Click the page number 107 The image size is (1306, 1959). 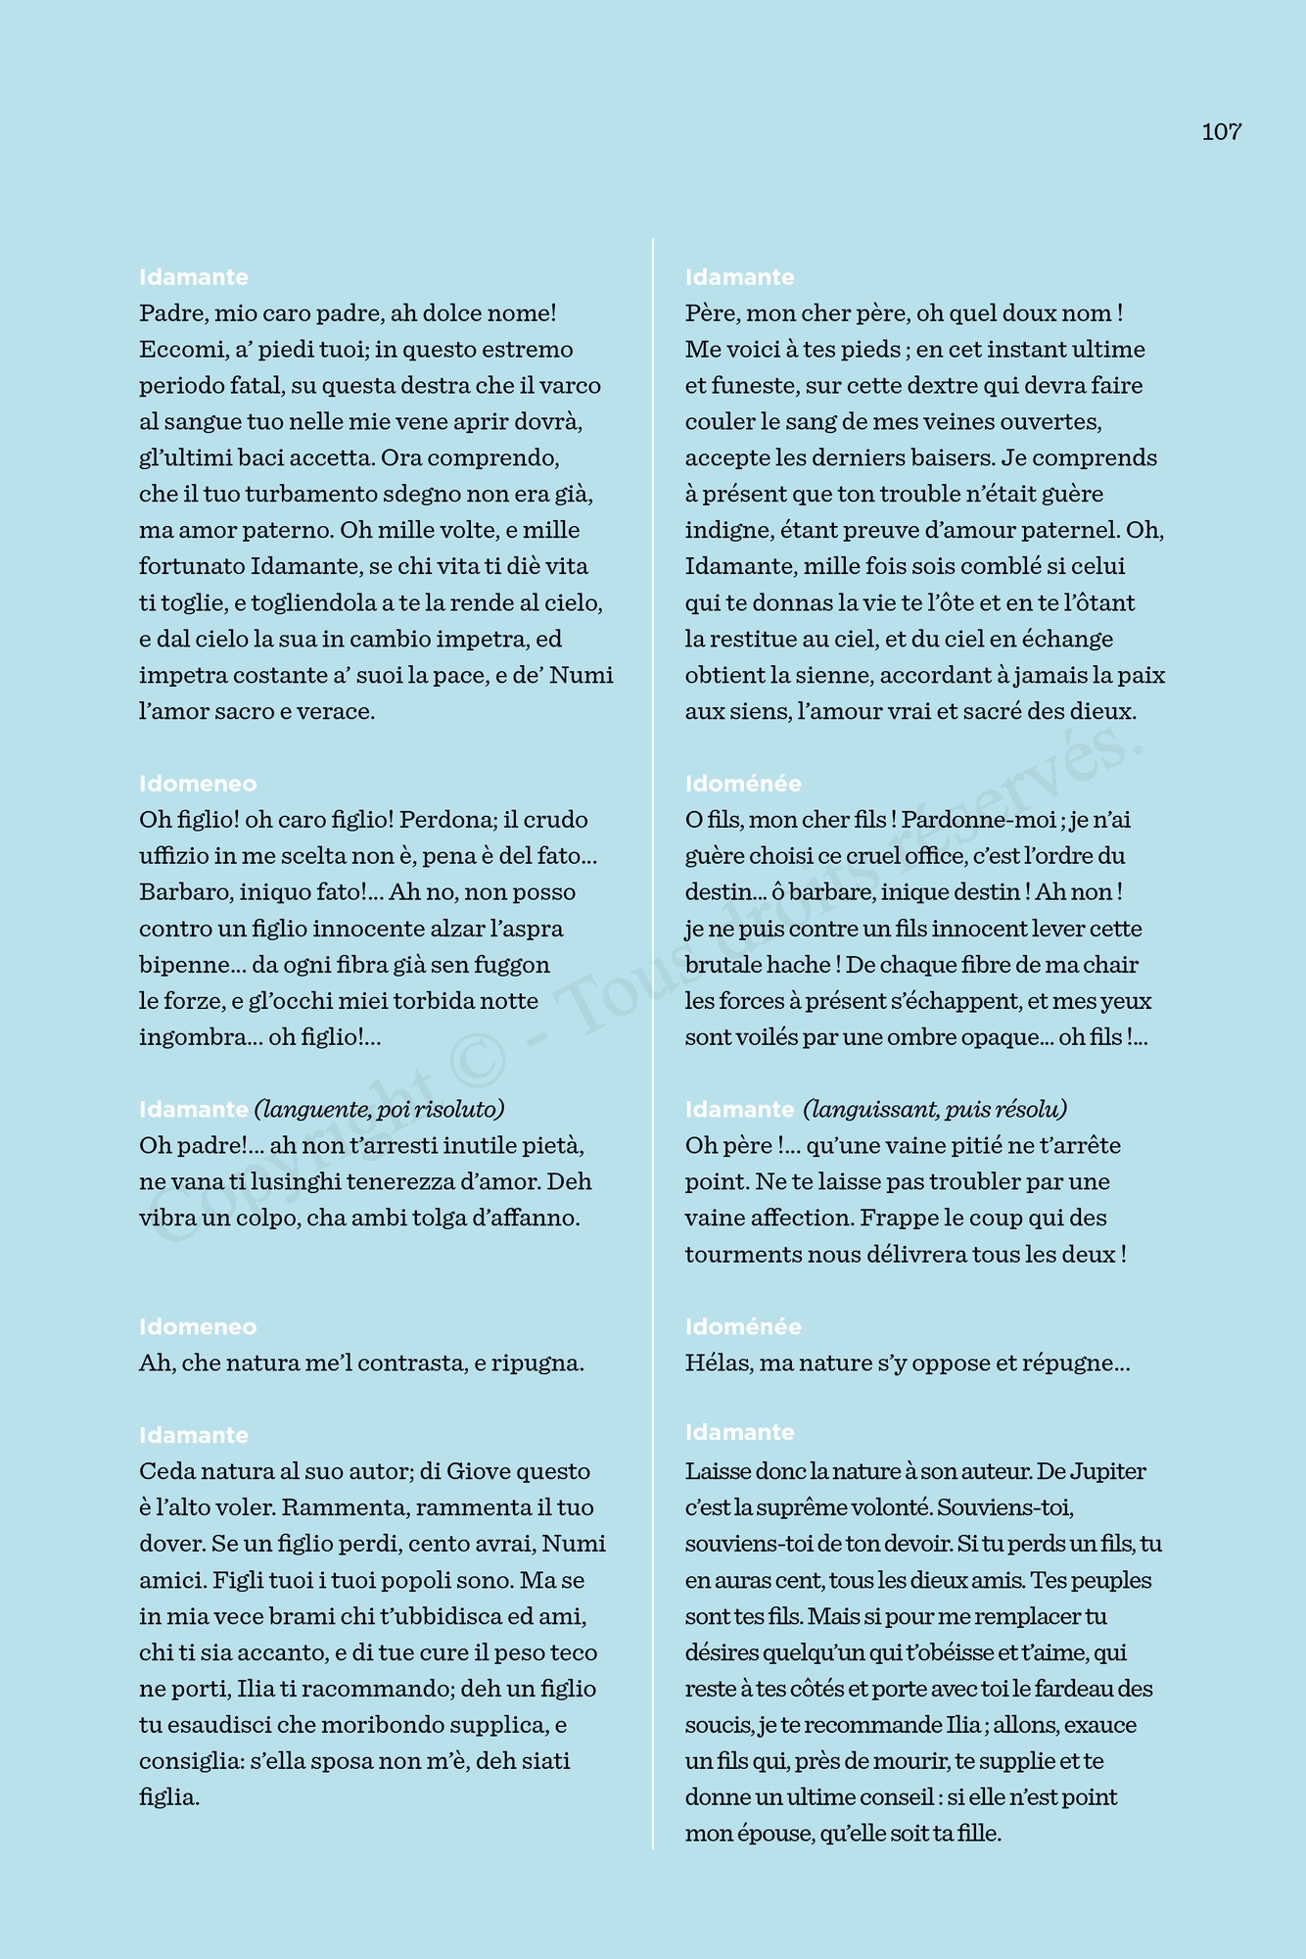pyautogui.click(x=1221, y=132)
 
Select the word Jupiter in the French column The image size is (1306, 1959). pyautogui.click(x=1107, y=1471)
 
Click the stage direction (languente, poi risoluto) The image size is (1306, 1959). pyautogui.click(x=379, y=1109)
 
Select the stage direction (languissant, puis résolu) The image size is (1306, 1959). pyautogui.click(x=934, y=1109)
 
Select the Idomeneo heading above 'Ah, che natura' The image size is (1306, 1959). pyautogui.click(x=198, y=1327)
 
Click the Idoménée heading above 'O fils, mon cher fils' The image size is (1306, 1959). pyautogui.click(x=743, y=784)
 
